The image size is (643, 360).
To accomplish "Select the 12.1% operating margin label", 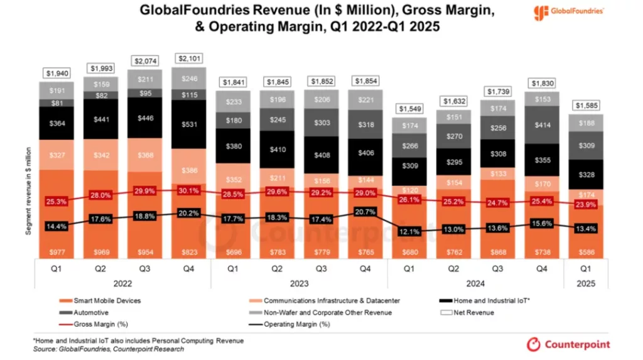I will pos(409,232).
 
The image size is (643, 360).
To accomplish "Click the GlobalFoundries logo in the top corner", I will pos(568,12).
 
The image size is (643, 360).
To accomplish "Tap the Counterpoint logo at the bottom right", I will pos(568,344).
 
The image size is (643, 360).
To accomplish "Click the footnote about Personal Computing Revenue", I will pos(138,341).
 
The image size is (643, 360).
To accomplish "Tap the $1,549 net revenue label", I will pos(409,109).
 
